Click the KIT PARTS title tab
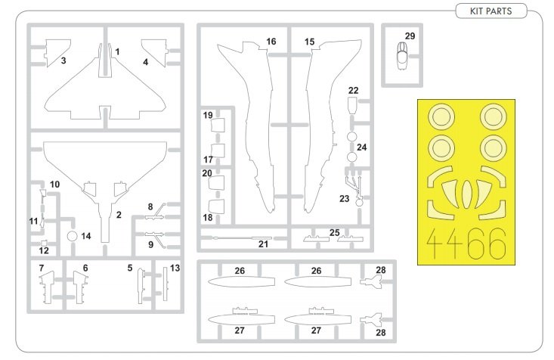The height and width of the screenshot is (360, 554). point(491,11)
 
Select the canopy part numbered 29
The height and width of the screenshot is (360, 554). point(402,56)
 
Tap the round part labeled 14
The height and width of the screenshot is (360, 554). point(72,236)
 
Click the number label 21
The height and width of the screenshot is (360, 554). point(263,244)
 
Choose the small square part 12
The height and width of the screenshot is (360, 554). point(44,243)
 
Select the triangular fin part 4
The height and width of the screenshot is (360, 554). point(154,53)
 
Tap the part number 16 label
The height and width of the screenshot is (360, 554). point(271,42)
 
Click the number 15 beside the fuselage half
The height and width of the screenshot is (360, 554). point(310,42)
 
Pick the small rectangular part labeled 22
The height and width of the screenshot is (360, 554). point(352,105)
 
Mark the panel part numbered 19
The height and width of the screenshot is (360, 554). point(218,126)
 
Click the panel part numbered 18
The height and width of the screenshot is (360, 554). point(217,207)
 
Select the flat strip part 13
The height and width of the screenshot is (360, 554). point(165,284)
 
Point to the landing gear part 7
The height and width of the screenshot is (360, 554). point(47,287)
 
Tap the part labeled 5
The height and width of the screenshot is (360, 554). point(141,286)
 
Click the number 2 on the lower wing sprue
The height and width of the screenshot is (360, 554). point(119,215)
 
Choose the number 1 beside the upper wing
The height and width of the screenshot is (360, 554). point(117,51)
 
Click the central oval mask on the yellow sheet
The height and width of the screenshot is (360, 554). point(466,194)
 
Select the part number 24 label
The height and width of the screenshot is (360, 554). point(361,147)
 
